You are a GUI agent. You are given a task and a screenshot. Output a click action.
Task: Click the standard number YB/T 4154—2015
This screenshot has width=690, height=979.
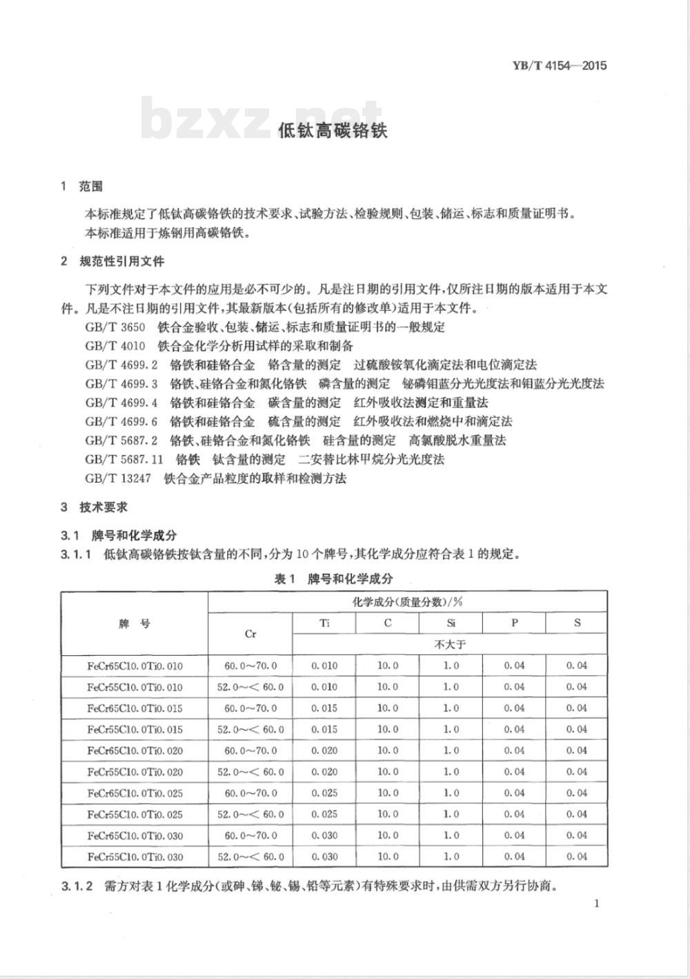click(x=560, y=66)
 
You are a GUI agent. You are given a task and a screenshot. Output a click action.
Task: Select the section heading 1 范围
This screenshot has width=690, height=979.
click(x=82, y=186)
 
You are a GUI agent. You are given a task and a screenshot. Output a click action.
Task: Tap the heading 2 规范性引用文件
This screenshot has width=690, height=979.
click(x=113, y=262)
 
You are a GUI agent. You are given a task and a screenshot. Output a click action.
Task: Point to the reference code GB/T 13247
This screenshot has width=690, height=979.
click(x=118, y=478)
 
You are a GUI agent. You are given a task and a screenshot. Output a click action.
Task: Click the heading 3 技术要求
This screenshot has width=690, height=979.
click(x=95, y=507)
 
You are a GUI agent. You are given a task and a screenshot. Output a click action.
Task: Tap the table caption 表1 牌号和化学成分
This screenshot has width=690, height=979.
click(x=333, y=579)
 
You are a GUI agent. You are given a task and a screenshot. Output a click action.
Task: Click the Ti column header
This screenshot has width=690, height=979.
click(x=324, y=623)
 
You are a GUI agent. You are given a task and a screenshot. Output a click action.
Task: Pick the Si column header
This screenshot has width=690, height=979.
click(x=451, y=623)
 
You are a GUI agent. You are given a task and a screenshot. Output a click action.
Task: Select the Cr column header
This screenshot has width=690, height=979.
click(x=250, y=634)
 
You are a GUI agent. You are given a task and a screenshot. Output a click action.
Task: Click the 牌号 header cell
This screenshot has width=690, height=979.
click(x=135, y=623)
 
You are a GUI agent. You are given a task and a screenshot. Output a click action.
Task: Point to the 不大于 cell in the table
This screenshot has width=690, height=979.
click(x=451, y=644)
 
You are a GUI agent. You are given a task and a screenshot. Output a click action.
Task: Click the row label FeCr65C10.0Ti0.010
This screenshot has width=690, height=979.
click(x=135, y=666)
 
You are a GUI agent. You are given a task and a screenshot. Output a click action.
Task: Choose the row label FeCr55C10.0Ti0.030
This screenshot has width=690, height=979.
click(x=135, y=857)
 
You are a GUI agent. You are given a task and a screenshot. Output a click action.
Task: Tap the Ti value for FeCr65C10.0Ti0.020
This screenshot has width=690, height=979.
click(x=324, y=750)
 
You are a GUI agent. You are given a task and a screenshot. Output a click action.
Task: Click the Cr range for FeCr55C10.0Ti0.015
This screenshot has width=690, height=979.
click(x=250, y=730)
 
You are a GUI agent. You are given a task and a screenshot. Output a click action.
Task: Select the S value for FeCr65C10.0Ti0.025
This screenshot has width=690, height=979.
click(x=577, y=793)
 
